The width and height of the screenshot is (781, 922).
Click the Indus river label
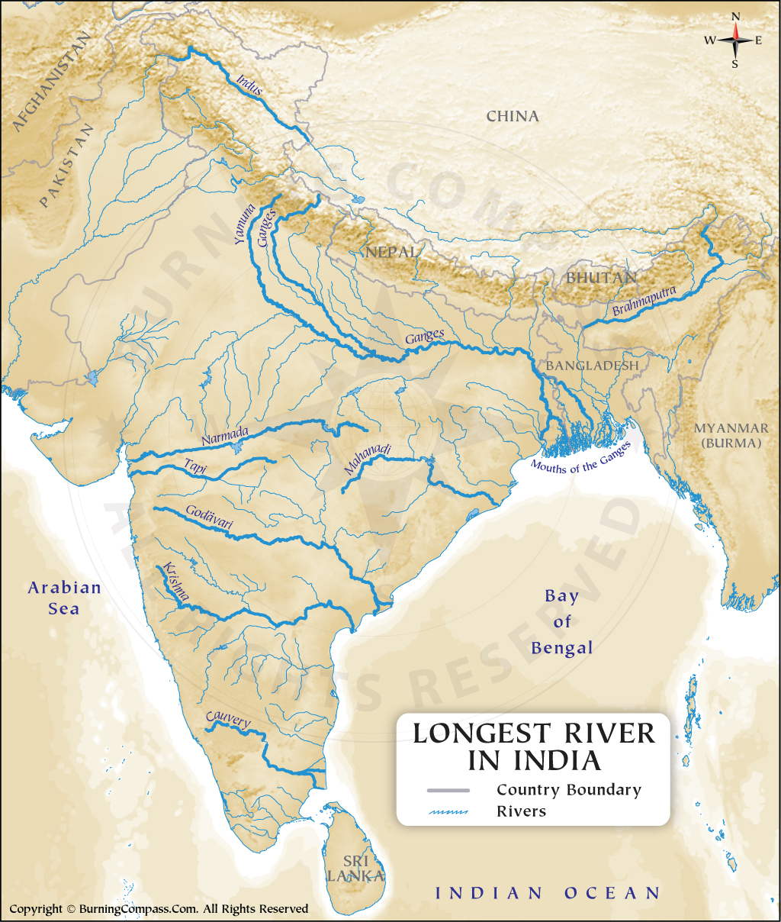click(249, 85)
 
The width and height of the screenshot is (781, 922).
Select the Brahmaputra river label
click(644, 301)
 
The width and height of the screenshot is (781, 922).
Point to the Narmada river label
click(225, 437)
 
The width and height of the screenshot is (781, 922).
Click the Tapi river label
click(195, 467)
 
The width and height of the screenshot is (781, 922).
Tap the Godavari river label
click(210, 519)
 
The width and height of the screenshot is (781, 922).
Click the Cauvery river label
click(228, 720)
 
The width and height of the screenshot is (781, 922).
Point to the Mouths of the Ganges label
click(581, 458)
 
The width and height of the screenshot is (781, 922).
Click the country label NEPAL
click(391, 252)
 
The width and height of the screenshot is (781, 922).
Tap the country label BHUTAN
click(601, 278)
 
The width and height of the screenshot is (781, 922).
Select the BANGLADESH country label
click(592, 366)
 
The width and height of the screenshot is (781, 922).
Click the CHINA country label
click(513, 116)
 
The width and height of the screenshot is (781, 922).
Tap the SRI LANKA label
click(355, 869)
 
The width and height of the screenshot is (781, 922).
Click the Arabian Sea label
click(64, 598)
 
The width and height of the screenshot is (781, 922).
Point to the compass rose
click(735, 40)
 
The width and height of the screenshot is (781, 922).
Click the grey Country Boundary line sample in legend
click(448, 790)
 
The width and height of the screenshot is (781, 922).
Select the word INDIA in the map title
click(557, 761)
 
